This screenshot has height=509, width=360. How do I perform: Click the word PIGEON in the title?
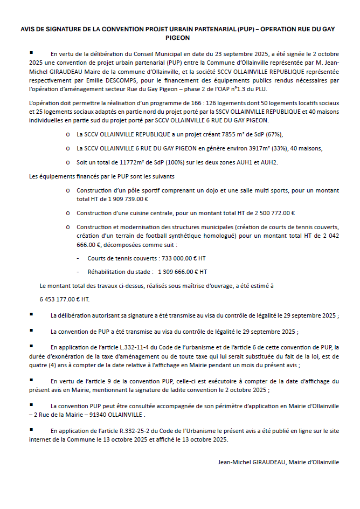click(180, 39)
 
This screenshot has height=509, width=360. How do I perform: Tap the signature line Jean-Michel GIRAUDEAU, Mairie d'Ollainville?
click(278, 462)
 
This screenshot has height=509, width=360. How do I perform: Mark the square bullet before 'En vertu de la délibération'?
click(32, 53)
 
